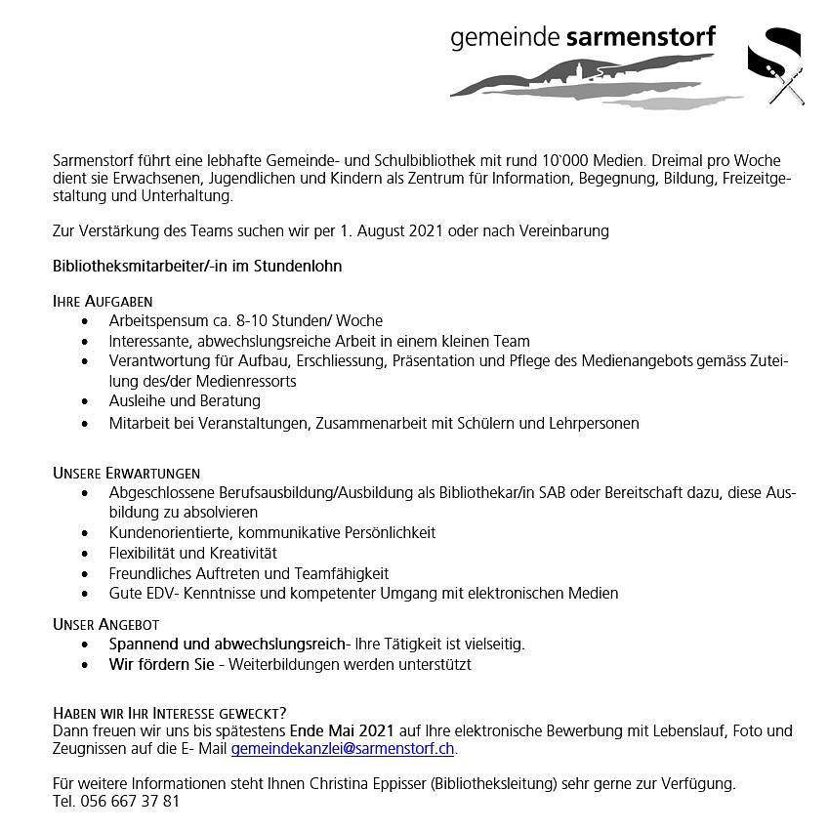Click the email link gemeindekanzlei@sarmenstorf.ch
[343, 749]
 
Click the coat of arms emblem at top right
[775, 65]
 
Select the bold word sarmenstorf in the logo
[641, 37]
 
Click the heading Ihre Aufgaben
[103, 301]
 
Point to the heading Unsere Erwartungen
[126, 473]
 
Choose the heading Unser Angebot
[105, 623]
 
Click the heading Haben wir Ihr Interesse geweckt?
[169, 713]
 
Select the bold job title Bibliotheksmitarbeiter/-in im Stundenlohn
[197, 266]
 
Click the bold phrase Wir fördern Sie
[161, 664]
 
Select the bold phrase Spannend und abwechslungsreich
[228, 644]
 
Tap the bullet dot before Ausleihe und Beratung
[86, 401]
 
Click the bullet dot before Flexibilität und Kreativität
[86, 554]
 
